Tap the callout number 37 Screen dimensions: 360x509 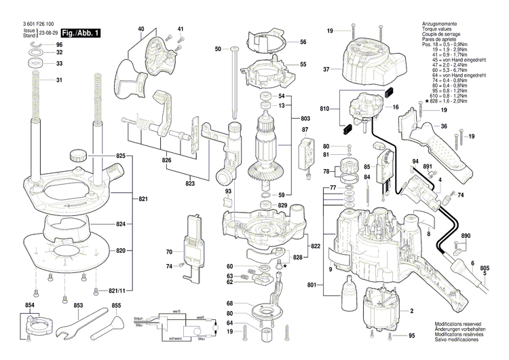pyautogui.click(x=326, y=69)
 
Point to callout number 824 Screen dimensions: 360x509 pyautogui.click(x=120, y=224)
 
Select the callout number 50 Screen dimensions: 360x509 pyautogui.click(x=218, y=49)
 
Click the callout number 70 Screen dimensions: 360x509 pyautogui.click(x=169, y=252)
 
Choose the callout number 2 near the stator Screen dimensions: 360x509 pyautogui.click(x=411, y=311)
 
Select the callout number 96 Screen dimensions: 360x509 pyautogui.click(x=60, y=44)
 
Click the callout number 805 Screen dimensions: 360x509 pyautogui.click(x=484, y=268)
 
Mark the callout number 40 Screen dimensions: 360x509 pyautogui.click(x=141, y=29)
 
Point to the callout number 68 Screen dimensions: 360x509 pyautogui.click(x=230, y=303)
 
